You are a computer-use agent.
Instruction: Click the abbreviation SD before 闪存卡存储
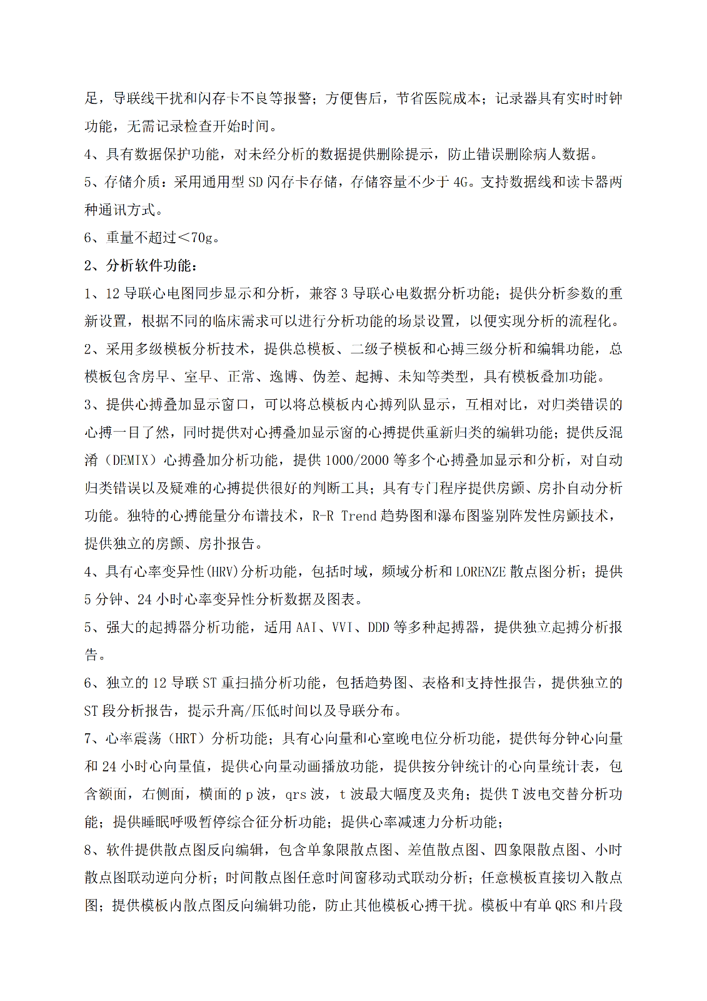click(256, 182)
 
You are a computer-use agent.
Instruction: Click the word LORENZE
click(481, 572)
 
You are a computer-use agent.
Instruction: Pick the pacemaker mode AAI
click(306, 628)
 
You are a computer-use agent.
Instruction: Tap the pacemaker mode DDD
click(378, 628)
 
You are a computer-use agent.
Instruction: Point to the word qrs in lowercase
click(296, 795)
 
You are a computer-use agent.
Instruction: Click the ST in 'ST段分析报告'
click(91, 711)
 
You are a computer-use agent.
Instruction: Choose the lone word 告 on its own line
click(92, 655)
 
